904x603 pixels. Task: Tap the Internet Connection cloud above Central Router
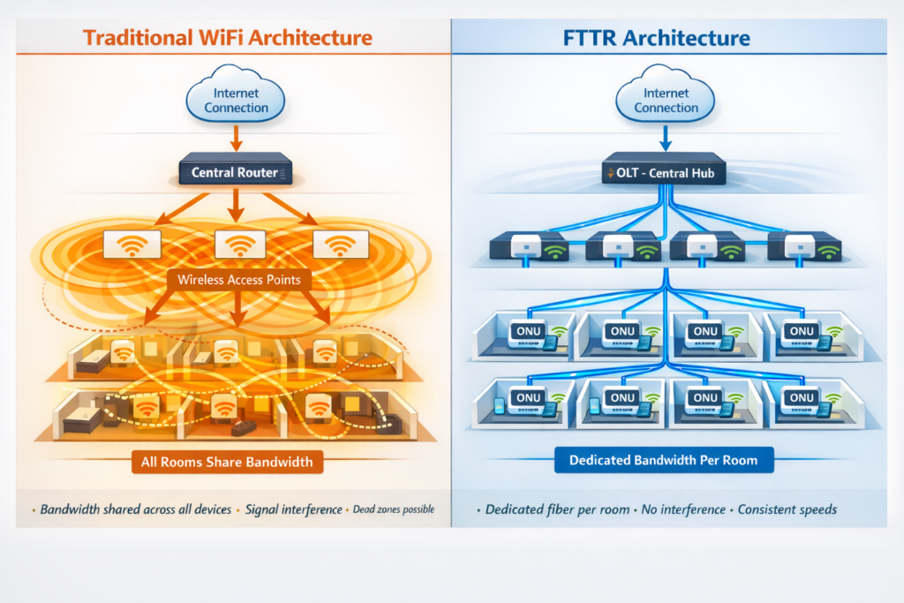[x=236, y=100]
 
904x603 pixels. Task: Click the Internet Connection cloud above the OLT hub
[x=666, y=100]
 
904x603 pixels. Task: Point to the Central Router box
[x=235, y=171]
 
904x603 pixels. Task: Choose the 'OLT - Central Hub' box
[x=664, y=172]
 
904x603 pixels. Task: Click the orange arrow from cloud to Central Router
[x=235, y=139]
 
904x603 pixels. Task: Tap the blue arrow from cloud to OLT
[x=666, y=139]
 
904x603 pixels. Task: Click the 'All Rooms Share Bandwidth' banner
[x=228, y=461]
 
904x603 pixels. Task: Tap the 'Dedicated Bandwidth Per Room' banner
[x=663, y=460]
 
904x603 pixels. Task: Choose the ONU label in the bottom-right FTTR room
[x=802, y=398]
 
